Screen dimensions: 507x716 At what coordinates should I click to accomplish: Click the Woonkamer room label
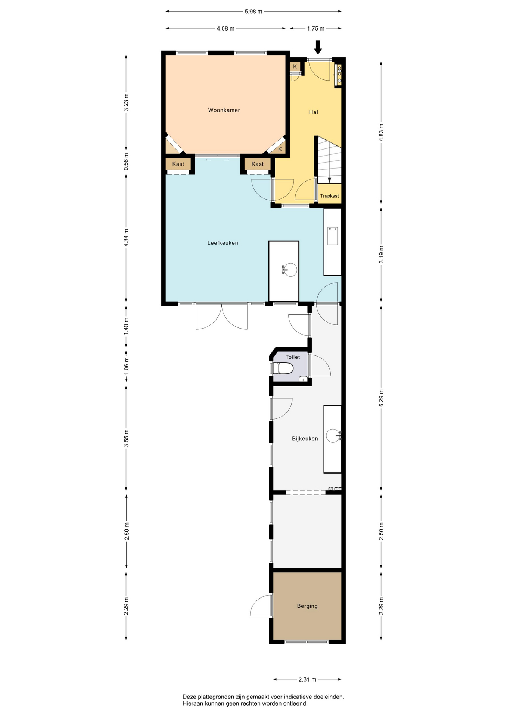pyautogui.click(x=224, y=110)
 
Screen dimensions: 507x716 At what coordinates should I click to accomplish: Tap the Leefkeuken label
pyautogui.click(x=223, y=243)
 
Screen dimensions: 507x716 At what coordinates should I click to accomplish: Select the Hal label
pyautogui.click(x=313, y=112)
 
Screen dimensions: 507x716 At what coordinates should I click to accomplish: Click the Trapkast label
pyautogui.click(x=330, y=196)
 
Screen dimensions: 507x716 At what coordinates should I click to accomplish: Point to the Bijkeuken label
pyautogui.click(x=305, y=439)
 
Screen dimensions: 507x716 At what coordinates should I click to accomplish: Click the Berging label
pyautogui.click(x=307, y=606)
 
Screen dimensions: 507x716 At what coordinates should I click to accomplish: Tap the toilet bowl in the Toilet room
pyautogui.click(x=283, y=368)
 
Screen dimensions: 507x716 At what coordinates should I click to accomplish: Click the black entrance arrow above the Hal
pyautogui.click(x=318, y=47)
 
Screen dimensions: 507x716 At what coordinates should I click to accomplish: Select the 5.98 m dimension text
pyautogui.click(x=253, y=12)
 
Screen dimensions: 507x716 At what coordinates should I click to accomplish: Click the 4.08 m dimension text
pyautogui.click(x=225, y=28)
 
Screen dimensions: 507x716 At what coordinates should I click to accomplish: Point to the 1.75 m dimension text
pyautogui.click(x=316, y=28)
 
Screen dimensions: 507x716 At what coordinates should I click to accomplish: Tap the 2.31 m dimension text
pyautogui.click(x=307, y=679)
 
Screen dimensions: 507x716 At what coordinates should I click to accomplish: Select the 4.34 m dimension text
pyautogui.click(x=126, y=238)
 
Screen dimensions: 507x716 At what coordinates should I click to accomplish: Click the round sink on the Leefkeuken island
pyautogui.click(x=290, y=269)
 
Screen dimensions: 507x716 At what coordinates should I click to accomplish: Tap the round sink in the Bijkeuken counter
pyautogui.click(x=333, y=436)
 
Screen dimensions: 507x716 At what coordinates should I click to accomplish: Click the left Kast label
pyautogui.click(x=178, y=164)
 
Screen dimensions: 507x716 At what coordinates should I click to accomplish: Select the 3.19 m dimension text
pyautogui.click(x=381, y=254)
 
